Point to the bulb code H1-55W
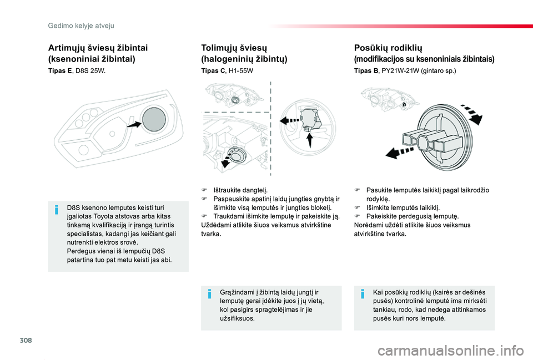point(240,72)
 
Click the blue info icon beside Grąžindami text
point(209,293)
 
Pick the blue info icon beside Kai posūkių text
point(361,293)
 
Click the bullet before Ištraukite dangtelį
point(204,190)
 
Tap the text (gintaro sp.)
point(439,72)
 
